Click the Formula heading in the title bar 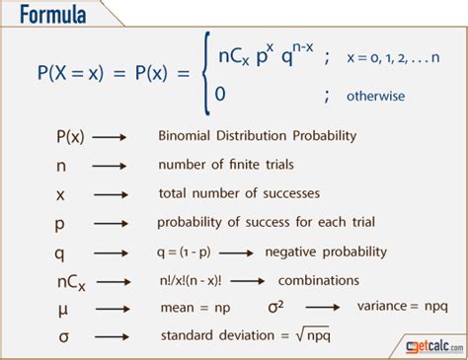click(x=48, y=17)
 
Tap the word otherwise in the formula click(x=374, y=97)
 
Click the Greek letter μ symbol click(x=62, y=309)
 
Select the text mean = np click(x=188, y=309)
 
